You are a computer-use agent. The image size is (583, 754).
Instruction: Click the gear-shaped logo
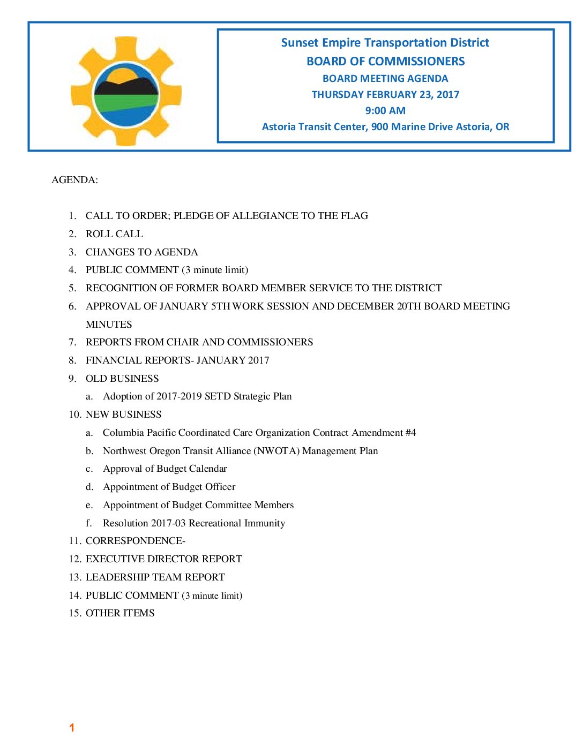pos(126,91)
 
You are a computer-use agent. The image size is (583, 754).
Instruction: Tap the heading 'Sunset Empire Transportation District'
pos(385,43)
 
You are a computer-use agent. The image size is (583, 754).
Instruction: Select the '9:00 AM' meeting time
pos(385,111)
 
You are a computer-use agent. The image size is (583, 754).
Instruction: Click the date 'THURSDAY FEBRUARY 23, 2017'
pos(385,95)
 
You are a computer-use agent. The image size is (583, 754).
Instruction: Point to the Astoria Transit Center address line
pos(385,127)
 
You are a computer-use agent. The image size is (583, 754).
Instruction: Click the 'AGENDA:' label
pos(74,180)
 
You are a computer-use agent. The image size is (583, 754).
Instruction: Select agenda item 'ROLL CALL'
pos(114,234)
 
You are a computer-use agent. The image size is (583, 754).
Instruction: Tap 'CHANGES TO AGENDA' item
pos(141,252)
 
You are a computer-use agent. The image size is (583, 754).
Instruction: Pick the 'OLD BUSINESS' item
pos(122,379)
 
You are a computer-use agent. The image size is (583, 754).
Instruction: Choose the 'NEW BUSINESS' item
pos(123,414)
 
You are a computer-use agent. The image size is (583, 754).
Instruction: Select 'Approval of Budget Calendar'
pos(165,469)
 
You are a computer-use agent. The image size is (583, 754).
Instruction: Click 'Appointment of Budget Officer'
pos(169,487)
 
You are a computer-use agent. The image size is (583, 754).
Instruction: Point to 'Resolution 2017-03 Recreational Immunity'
pos(193,523)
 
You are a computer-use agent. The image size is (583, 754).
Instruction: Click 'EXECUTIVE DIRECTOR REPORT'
pos(163,559)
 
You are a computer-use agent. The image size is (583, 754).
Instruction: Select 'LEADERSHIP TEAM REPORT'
pos(155,577)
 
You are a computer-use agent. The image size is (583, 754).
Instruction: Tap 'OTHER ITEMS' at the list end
pos(120,613)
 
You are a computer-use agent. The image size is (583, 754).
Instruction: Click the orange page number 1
pos(72,728)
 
